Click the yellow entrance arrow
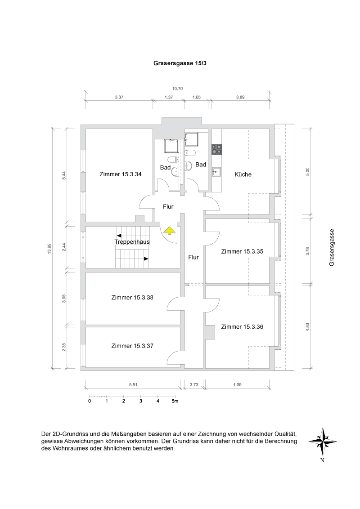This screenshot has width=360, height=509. coord(169,231)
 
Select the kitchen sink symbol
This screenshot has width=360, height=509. coord(217,171)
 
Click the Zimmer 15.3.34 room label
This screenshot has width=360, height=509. coord(121,174)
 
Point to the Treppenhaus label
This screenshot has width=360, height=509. coord(132,242)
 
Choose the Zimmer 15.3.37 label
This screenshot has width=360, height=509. coord(132,346)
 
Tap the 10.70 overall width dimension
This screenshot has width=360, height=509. coord(177,89)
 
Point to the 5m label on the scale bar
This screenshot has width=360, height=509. coord(175,401)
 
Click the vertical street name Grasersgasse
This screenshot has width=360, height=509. coord(332,248)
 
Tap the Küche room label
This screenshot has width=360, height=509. coord(243,174)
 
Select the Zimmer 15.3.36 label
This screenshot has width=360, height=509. coord(242,327)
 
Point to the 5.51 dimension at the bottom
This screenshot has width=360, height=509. coord(133,385)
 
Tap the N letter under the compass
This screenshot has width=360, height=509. coord(322,460)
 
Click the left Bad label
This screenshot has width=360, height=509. coord(165,168)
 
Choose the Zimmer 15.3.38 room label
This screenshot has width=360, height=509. coord(132,297)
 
